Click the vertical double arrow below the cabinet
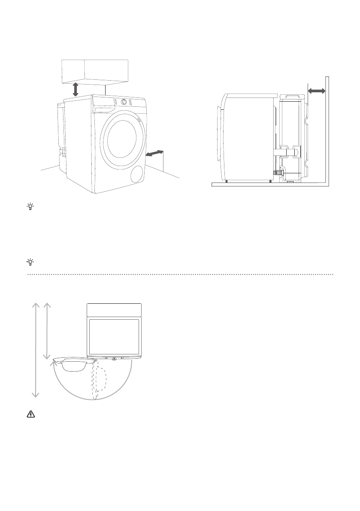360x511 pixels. [x=76, y=89]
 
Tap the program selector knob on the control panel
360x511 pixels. [x=124, y=102]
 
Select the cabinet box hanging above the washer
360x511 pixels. [x=95, y=71]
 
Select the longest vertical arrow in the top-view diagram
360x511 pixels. [x=36, y=349]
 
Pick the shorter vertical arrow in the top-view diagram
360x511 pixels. [x=48, y=331]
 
